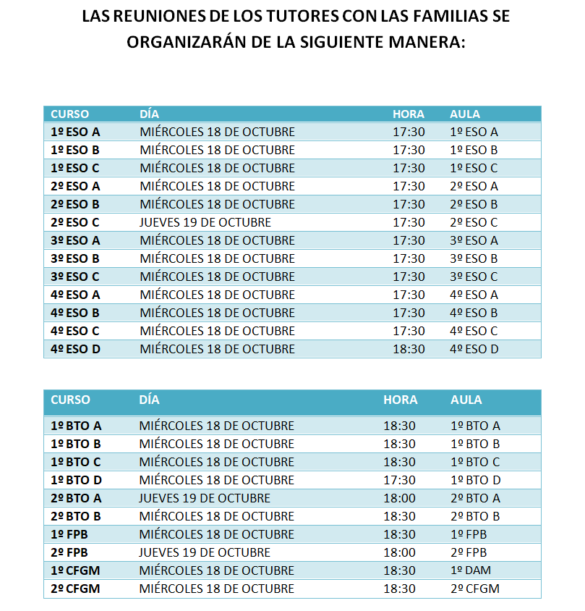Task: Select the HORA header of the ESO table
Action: click(409, 114)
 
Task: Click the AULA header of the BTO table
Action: click(466, 400)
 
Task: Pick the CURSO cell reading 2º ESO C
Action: click(75, 222)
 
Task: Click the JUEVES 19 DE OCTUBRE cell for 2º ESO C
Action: click(205, 222)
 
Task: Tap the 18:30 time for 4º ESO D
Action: click(409, 349)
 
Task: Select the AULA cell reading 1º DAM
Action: click(470, 570)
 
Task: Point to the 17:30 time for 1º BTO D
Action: click(399, 480)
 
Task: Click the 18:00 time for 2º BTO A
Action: click(399, 498)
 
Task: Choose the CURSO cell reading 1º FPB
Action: click(71, 534)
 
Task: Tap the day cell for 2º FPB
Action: click(205, 552)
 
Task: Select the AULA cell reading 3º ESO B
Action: click(474, 258)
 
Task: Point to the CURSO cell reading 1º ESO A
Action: click(75, 132)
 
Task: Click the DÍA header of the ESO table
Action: click(149, 114)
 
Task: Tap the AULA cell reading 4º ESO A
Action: click(474, 295)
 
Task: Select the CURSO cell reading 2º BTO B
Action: click(76, 516)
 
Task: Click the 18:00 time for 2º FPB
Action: click(399, 552)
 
